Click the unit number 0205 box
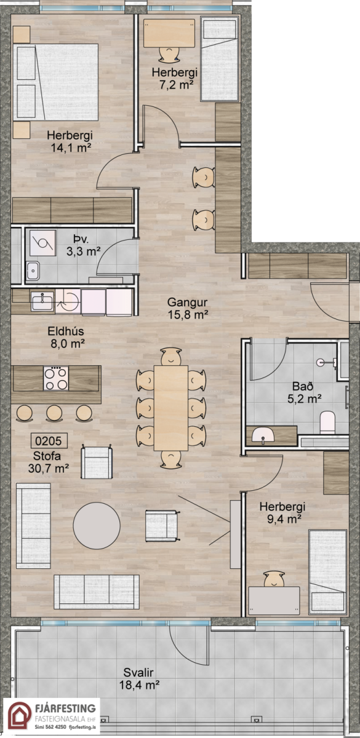tap(49, 440)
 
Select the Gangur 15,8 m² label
tap(188, 308)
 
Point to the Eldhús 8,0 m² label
tap(66, 338)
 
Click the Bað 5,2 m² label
tap(304, 393)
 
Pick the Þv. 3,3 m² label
tap(84, 246)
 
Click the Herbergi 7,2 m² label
tap(175, 79)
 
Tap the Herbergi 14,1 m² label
tap(70, 141)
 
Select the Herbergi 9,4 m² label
tap(282, 513)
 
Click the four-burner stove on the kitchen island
tap(56, 379)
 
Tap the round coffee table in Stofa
tap(97, 525)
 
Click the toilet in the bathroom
tap(327, 422)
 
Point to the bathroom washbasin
tap(263, 435)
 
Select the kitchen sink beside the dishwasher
tap(42, 300)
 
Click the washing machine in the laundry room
tap(42, 243)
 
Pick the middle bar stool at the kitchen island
tap(54, 413)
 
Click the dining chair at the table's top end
tap(171, 356)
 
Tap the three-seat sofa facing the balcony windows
tap(97, 592)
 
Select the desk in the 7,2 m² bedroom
tap(169, 33)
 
